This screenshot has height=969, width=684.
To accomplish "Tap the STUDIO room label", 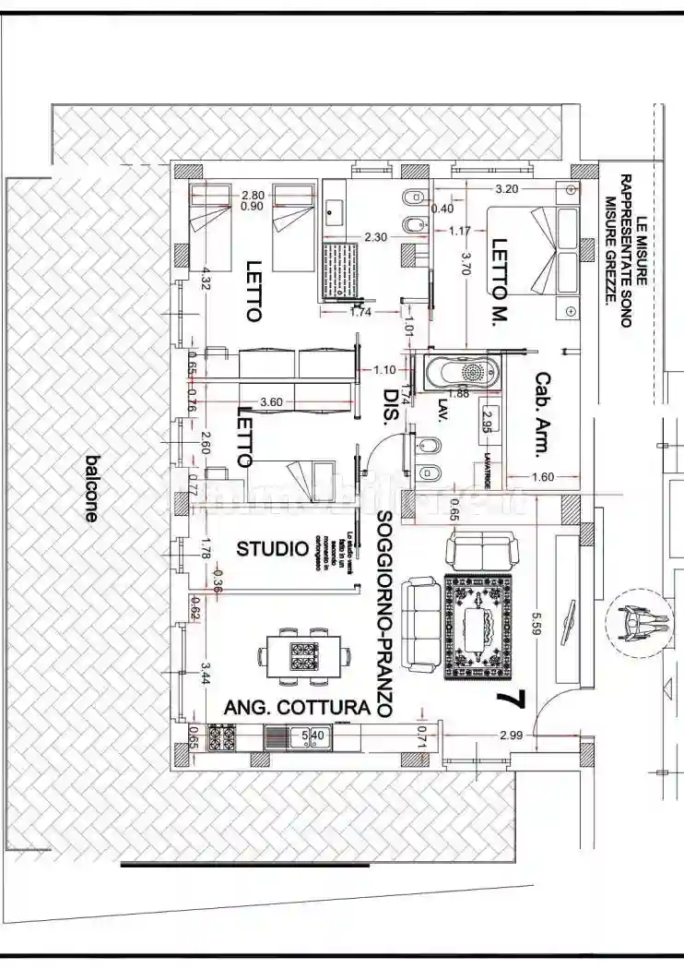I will tap(272, 549).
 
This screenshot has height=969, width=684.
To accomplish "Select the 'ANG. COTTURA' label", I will tap(297, 708).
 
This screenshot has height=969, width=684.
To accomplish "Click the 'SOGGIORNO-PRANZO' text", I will tap(385, 614).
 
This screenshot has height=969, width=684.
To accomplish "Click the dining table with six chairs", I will tap(304, 657).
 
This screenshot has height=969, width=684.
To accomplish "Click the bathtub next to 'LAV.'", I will tap(463, 374).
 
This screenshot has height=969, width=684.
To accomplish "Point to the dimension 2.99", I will tap(513, 736).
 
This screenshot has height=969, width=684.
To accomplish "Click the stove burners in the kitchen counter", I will tap(222, 736).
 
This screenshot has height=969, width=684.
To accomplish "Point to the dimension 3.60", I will tap(272, 402).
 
